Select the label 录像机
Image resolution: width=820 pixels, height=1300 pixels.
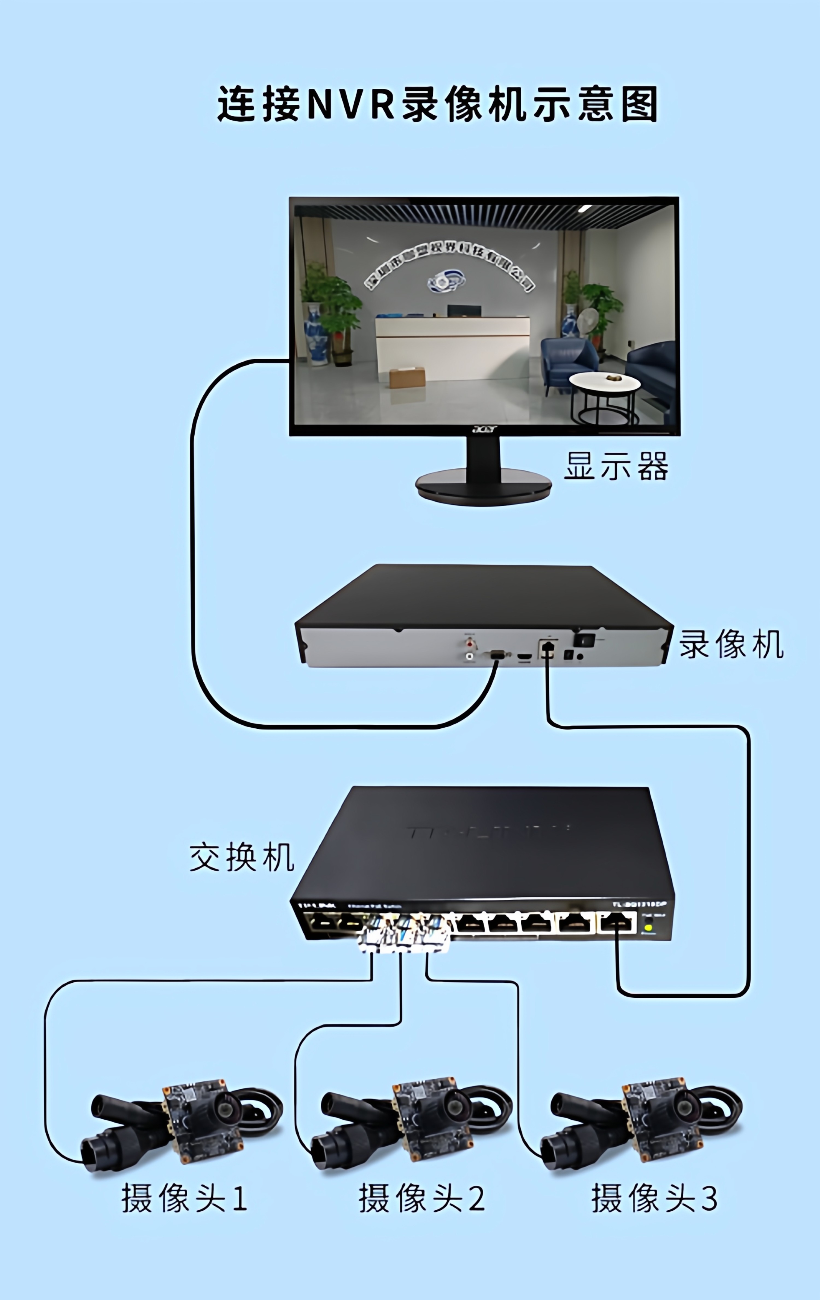point(731,644)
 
